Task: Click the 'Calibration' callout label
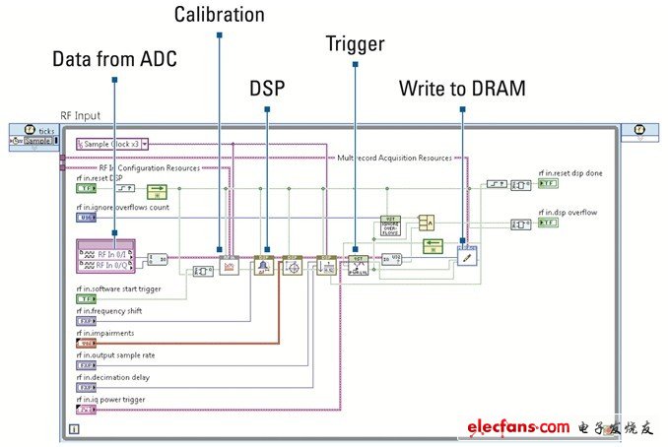[x=219, y=14]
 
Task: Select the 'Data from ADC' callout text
[x=114, y=60]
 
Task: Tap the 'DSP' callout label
[x=266, y=88]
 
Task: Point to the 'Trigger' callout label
[x=355, y=43]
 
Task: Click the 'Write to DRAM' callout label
[x=461, y=88]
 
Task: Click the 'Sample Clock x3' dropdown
[x=112, y=144]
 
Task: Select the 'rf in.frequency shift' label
[x=110, y=311]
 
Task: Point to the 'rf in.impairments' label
[x=104, y=333]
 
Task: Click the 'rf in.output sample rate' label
[x=115, y=354]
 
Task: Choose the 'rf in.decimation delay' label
[x=112, y=376]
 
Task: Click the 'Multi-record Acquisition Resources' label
[x=394, y=158]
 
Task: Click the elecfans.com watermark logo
[x=518, y=426]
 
